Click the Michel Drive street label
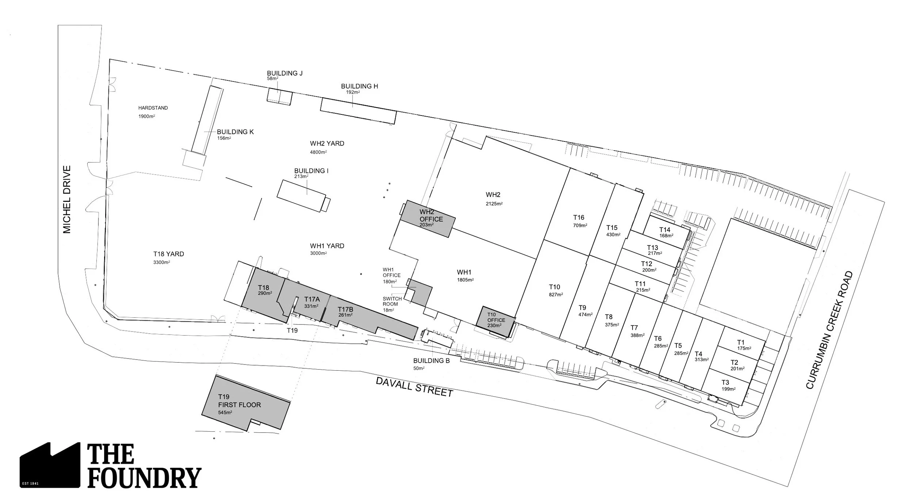(x=67, y=200)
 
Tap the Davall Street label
(x=415, y=387)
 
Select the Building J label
(x=284, y=73)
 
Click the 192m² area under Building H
(x=353, y=92)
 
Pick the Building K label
(x=235, y=132)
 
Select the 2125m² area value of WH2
(x=494, y=204)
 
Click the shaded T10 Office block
(x=496, y=321)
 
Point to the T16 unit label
(x=579, y=218)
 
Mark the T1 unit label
(x=741, y=343)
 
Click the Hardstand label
(x=153, y=108)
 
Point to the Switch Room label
(x=392, y=301)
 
